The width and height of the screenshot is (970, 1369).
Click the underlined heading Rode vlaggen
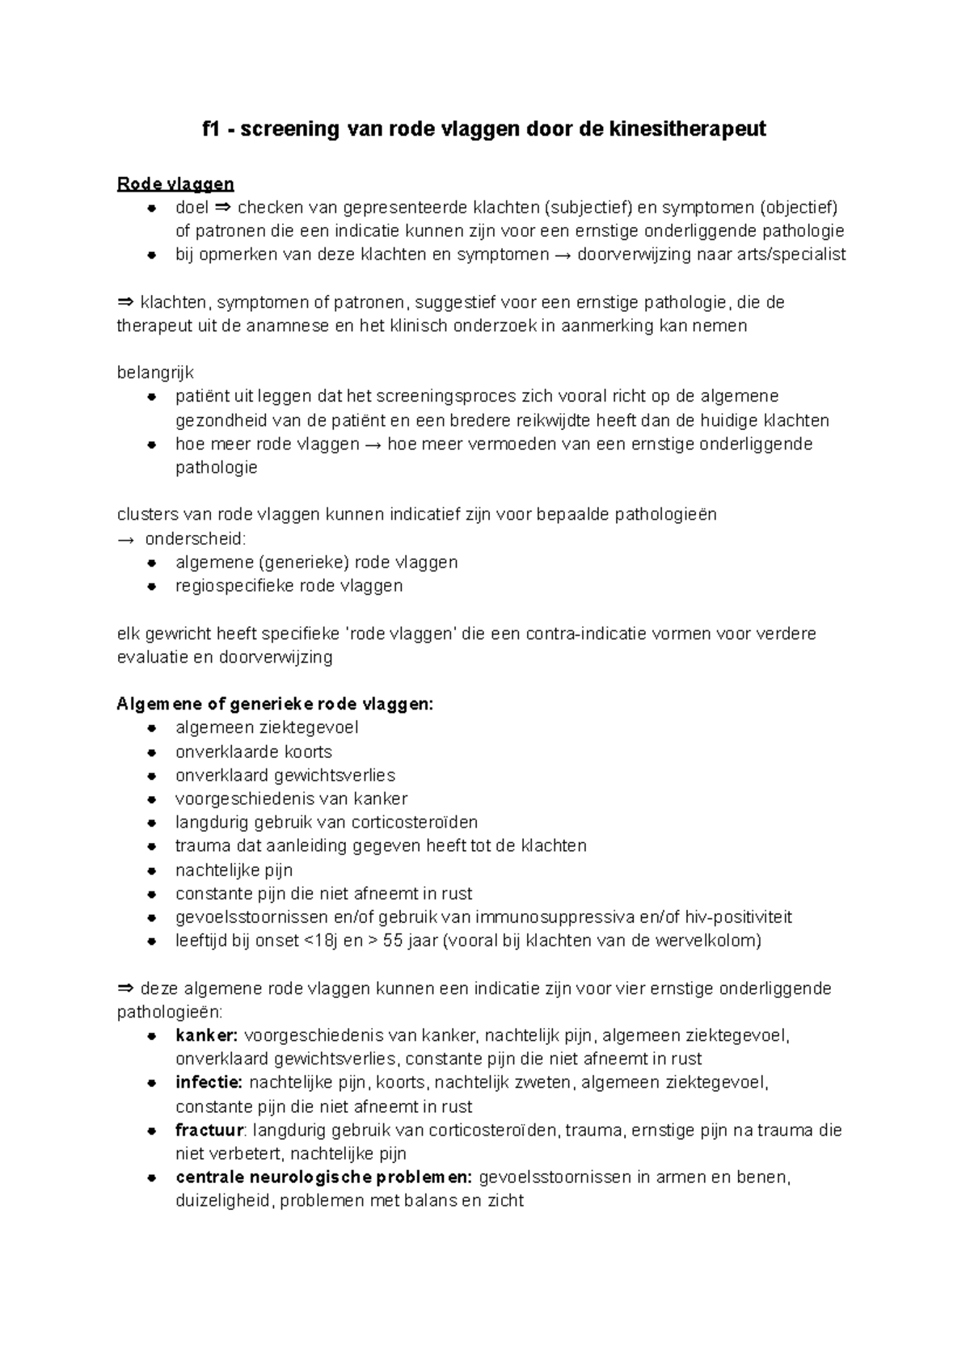175,183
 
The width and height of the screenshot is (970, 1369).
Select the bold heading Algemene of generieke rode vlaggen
275,704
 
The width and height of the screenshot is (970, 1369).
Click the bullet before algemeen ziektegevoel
151,728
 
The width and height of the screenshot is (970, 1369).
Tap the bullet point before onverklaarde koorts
151,752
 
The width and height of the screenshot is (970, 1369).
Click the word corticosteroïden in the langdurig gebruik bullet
413,823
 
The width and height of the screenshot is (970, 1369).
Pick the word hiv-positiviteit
738,917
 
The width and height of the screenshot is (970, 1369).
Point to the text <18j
321,941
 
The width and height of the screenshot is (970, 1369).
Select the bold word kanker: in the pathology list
206,1035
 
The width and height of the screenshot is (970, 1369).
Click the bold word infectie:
209,1082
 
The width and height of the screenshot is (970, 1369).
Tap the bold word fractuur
209,1130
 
